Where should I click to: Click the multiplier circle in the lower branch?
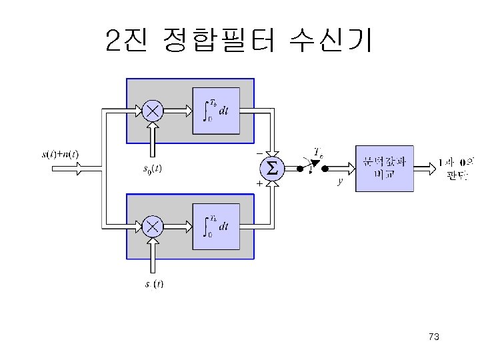point(153,226)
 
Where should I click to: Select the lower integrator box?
point(216,226)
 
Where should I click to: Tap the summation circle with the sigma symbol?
point(271,169)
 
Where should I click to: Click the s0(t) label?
point(153,169)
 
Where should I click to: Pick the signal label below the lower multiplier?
point(154,285)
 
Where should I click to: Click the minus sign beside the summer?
point(259,153)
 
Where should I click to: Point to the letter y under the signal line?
point(340,181)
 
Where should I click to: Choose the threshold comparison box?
point(384,169)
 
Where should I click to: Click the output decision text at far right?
point(455,167)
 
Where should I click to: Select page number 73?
point(434,337)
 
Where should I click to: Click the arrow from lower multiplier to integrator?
point(177,226)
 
